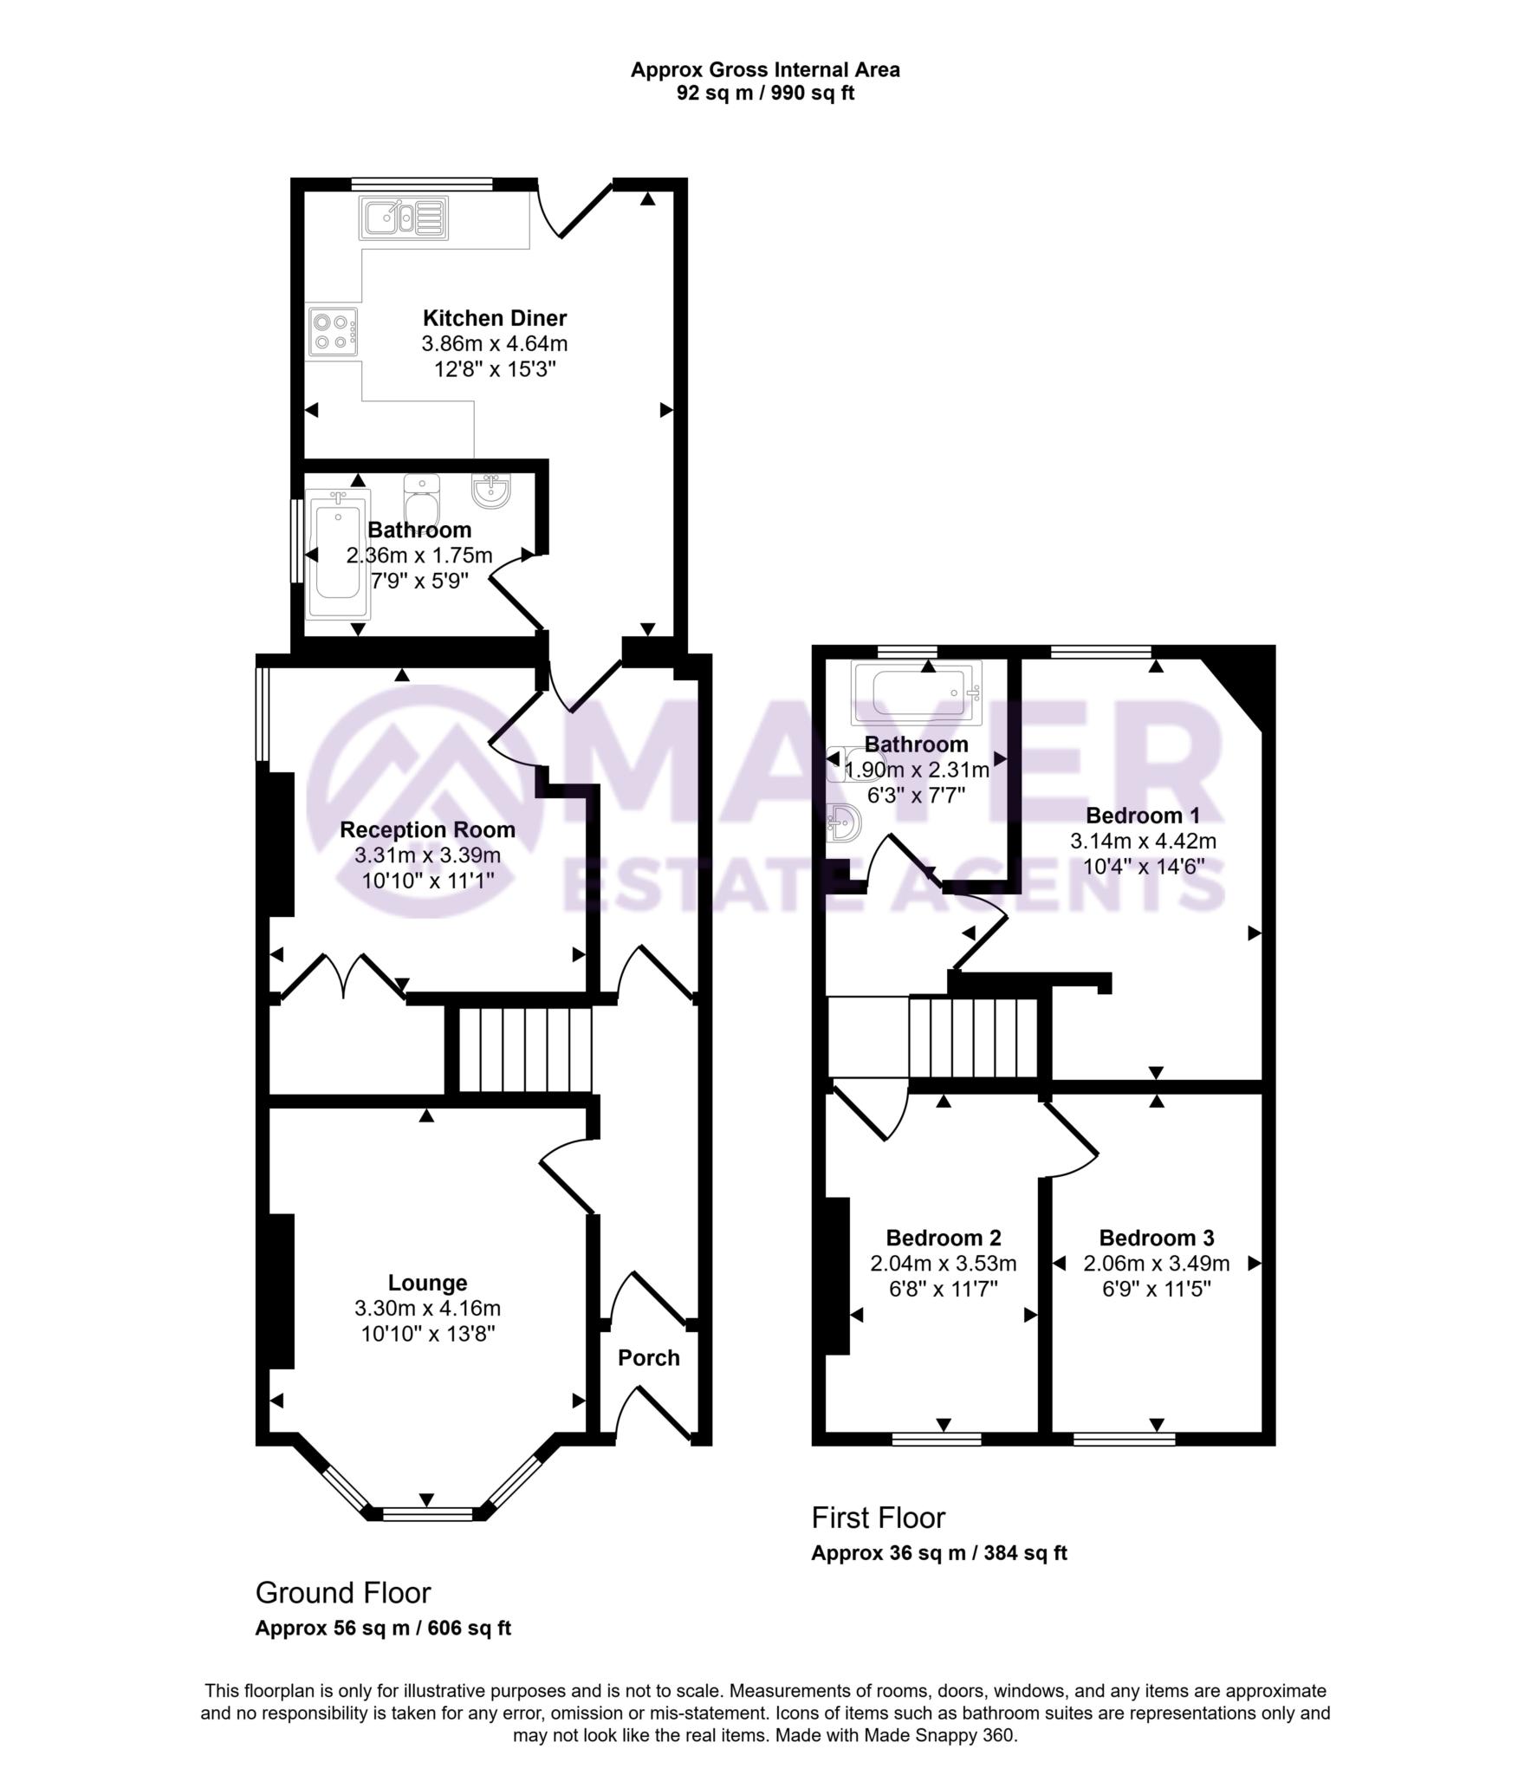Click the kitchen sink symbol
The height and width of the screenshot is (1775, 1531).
click(404, 218)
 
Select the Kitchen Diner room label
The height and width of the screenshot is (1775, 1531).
click(494, 318)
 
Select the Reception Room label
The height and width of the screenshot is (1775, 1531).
click(427, 829)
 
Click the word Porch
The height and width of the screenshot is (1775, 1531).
click(648, 1357)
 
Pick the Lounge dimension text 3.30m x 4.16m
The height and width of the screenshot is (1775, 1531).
click(427, 1308)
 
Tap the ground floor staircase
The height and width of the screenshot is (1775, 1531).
click(524, 1050)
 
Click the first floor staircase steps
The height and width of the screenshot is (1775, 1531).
click(973, 1037)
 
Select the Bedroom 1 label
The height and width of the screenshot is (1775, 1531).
click(1142, 815)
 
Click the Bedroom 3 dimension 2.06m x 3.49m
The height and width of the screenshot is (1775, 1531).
click(1156, 1263)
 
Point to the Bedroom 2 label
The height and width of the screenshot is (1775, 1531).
click(943, 1238)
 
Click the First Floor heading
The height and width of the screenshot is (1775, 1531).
click(878, 1517)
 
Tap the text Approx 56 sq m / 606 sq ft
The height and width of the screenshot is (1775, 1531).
click(383, 1628)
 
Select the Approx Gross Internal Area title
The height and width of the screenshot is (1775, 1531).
click(764, 70)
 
